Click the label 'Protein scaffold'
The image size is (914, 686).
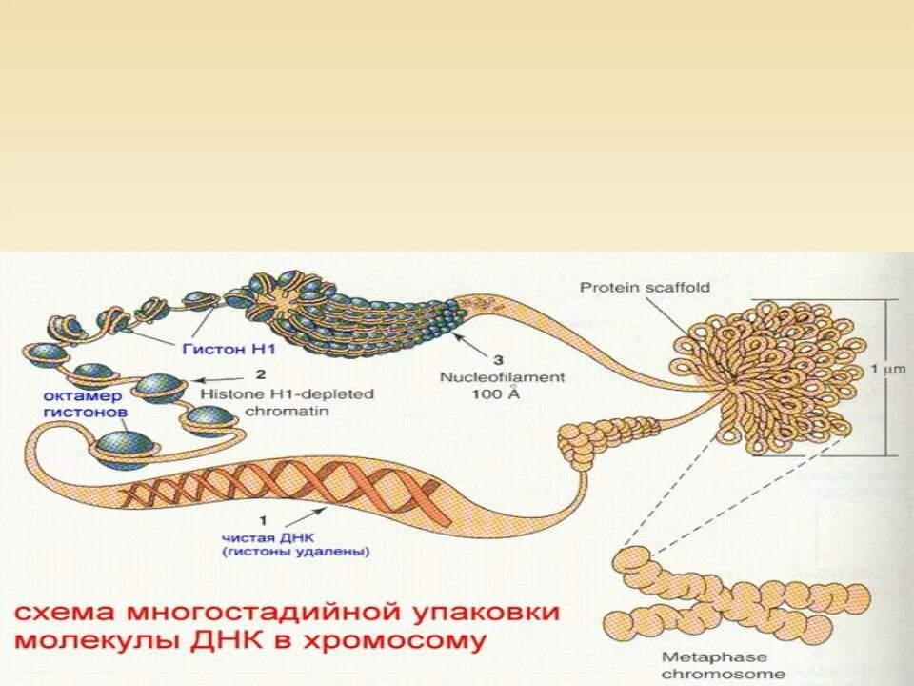[x=645, y=288]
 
